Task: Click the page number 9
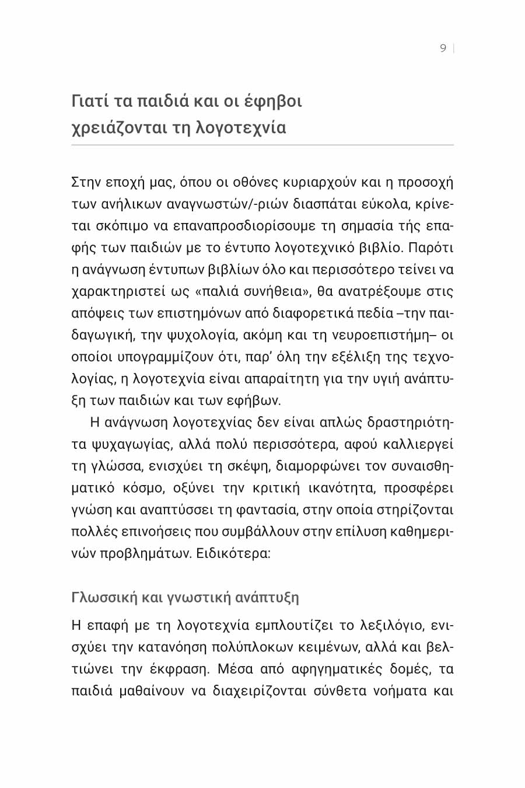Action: pyautogui.click(x=443, y=48)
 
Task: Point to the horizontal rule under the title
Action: pyautogui.click(x=262, y=145)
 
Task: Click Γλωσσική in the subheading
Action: pyautogui.click(x=104, y=598)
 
